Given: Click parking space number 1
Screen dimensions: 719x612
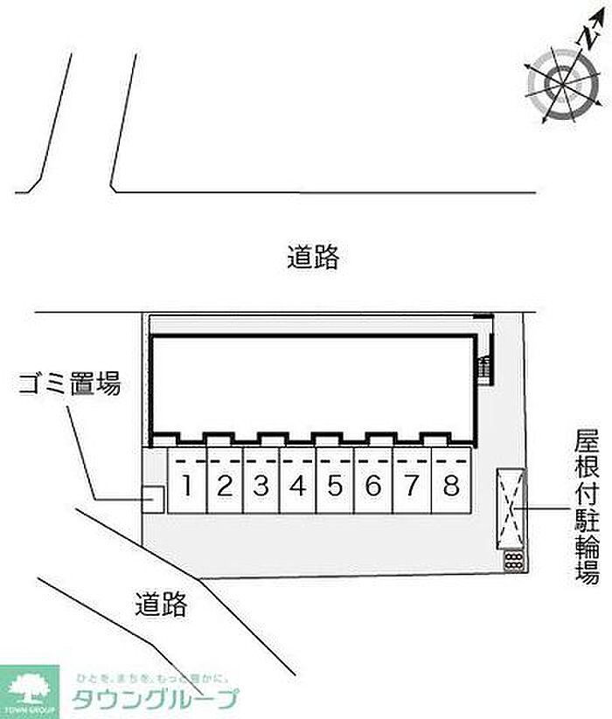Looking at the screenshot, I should point(187,485).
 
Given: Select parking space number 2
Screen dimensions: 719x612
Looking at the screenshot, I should point(225,485).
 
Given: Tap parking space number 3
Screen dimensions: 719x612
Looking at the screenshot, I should point(261,485).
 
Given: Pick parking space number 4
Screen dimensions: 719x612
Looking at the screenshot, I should point(298,485).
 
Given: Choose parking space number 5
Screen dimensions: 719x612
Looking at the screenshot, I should point(336,485).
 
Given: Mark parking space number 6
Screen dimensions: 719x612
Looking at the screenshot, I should point(373,485).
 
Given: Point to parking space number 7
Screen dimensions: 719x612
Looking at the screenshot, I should point(411,485).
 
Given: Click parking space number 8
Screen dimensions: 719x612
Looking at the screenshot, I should point(451,485).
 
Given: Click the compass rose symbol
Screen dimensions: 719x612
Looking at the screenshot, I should point(557,84).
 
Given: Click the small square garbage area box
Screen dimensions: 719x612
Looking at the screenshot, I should point(153,500).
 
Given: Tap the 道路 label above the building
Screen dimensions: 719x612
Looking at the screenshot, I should point(312,258).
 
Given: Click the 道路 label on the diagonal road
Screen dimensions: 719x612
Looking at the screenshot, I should point(161,604).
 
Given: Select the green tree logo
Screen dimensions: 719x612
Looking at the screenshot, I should point(29,687).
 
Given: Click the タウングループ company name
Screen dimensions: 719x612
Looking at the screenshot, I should point(155,700).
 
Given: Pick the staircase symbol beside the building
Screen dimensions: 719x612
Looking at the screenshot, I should point(483,368).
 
